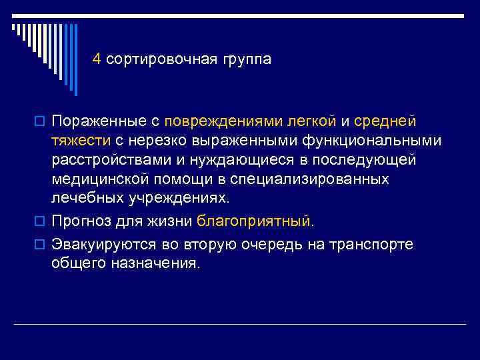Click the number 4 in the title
[97, 59]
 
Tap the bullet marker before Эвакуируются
[37, 245]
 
